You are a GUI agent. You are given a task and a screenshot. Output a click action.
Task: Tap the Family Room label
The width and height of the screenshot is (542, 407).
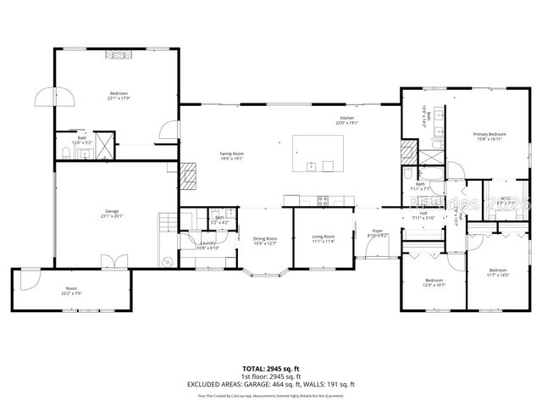pos(232,153)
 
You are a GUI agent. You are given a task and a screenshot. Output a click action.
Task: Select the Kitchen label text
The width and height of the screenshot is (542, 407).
pos(347,117)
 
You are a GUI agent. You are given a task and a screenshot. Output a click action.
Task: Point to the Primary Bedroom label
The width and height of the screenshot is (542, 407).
pos(489,134)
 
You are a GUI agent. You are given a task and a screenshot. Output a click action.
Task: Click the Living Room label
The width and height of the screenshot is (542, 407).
pos(324,237)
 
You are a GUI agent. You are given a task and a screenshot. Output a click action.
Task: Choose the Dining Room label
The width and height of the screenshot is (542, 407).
pos(265,238)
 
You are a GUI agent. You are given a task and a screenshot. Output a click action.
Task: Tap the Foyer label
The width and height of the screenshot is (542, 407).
pos(376,230)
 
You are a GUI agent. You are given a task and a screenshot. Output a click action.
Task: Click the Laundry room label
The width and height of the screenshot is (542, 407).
pos(207,243)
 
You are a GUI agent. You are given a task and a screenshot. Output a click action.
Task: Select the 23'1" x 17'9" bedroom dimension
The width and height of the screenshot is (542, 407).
pos(119,98)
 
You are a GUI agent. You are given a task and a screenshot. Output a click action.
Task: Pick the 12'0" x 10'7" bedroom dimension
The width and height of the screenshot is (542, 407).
pos(434,285)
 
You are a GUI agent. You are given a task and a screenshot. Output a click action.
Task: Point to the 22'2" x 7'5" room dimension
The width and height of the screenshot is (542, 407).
pos(71,293)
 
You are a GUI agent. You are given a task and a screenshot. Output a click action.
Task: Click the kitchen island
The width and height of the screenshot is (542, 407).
pos(318,153)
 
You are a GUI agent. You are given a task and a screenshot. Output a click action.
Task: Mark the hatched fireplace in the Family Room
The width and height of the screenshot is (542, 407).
pos(189,175)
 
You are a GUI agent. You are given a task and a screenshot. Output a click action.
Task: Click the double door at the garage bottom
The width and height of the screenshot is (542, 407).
pos(108,260)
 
